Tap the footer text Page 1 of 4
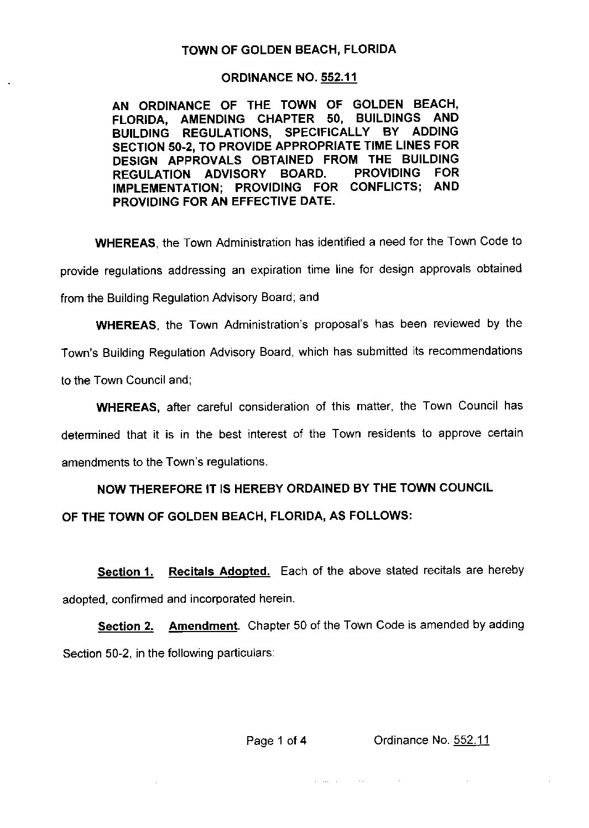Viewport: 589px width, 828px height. coord(277,741)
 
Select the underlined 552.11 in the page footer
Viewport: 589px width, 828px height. coord(471,741)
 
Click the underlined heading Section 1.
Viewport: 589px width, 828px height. coord(125,572)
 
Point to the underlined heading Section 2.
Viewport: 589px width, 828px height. coord(126,627)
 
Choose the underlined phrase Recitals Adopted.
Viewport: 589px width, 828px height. coord(219,572)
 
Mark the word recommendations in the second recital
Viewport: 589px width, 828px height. coord(476,351)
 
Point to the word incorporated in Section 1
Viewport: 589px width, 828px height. coord(222,599)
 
